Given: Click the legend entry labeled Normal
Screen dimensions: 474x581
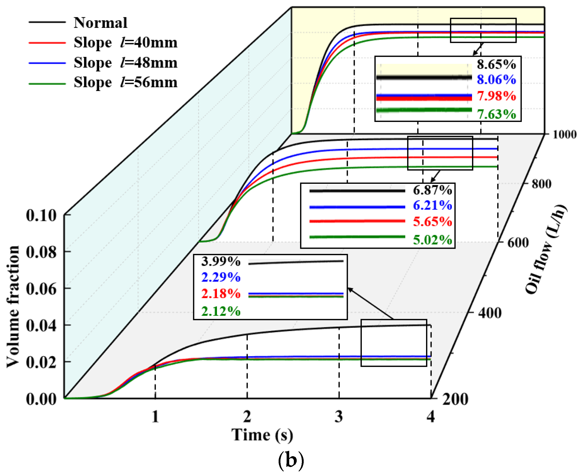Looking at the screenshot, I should click(100, 23).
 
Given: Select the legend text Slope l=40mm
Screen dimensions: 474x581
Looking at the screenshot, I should click(125, 43).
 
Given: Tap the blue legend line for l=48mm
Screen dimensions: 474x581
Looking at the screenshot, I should click(47, 63).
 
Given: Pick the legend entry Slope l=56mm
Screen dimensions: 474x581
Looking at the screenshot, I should click(125, 83).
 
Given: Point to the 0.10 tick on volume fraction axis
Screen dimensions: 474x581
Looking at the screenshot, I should click(41, 215).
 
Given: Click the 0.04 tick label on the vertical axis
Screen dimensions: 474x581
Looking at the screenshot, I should click(41, 326).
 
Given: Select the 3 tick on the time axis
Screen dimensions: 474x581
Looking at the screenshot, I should click(339, 417).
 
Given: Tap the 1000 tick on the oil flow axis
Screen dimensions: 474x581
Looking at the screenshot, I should click(564, 134).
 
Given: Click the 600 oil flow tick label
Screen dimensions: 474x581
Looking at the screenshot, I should click(518, 243).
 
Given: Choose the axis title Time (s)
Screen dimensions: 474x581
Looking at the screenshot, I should click(262, 435).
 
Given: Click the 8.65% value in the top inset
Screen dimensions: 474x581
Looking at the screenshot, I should click(496, 64).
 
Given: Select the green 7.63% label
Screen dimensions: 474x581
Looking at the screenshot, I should click(496, 114).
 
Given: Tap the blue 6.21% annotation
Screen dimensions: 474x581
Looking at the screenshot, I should click(432, 205).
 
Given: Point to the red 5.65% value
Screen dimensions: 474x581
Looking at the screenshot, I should click(432, 222).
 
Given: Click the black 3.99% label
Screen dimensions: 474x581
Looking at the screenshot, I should click(221, 262).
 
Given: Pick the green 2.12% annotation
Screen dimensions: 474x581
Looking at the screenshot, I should click(221, 312).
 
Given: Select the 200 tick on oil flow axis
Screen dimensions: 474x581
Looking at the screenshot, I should click(455, 399).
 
